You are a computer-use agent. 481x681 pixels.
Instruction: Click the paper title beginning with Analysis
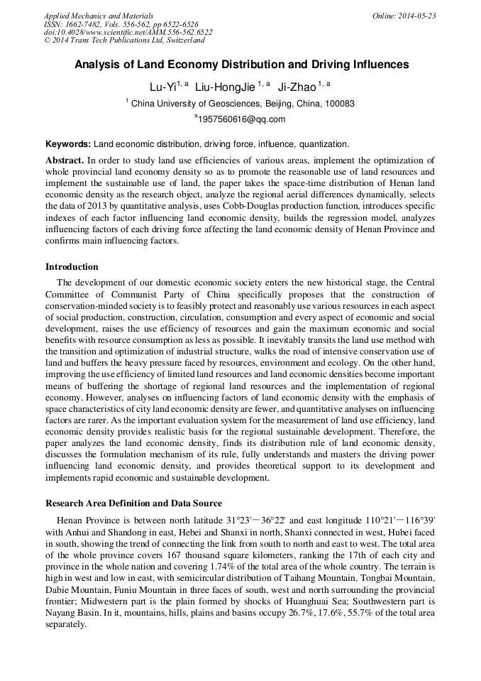242,65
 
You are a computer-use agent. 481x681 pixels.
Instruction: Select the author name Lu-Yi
162,87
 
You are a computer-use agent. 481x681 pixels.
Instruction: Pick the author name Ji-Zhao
297,87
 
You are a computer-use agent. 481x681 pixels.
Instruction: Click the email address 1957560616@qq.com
241,119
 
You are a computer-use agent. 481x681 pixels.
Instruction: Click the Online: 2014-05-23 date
404,16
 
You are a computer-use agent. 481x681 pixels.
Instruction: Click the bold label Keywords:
68,143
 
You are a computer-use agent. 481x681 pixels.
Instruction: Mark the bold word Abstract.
65,160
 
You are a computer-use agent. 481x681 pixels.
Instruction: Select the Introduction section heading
72,267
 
